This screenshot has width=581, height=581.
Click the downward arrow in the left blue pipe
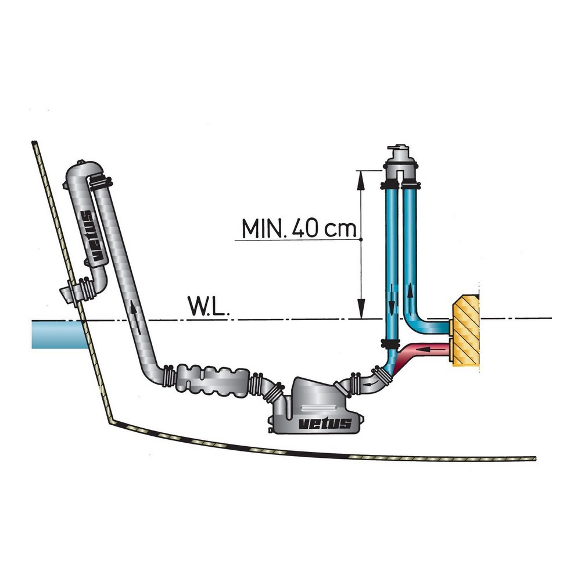[393, 296]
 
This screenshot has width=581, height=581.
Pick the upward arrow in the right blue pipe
[412, 291]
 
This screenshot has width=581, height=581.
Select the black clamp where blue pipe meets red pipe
[390, 343]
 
